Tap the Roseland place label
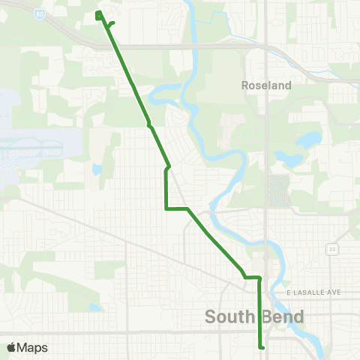click(266, 85)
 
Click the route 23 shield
click(331, 248)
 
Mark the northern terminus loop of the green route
click(99, 14)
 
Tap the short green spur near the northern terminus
click(111, 24)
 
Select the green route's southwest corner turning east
click(166, 208)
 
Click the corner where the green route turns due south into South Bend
click(259, 278)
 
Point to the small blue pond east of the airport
click(97, 169)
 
